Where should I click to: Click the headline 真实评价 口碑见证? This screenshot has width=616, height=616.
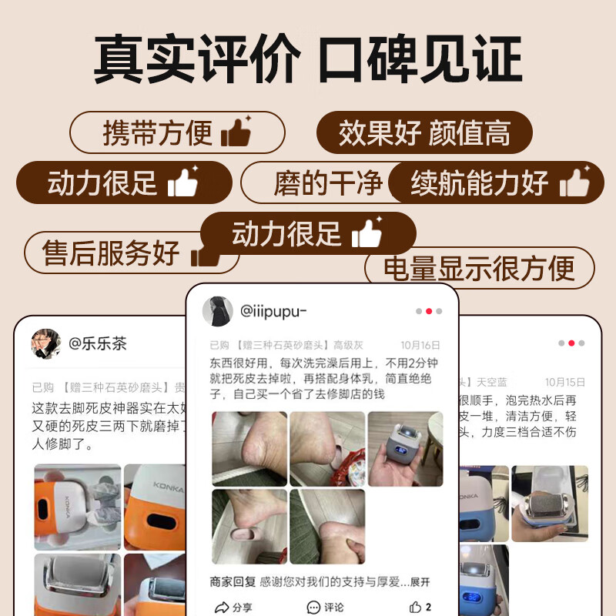click(x=308, y=58)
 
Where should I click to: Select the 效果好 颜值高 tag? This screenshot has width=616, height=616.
click(x=424, y=132)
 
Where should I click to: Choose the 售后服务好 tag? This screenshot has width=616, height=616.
click(x=112, y=253)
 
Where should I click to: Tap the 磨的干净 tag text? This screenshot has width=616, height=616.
click(x=327, y=183)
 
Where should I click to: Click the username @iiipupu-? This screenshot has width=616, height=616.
click(x=273, y=311)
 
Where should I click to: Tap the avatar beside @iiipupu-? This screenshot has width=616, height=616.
click(x=217, y=311)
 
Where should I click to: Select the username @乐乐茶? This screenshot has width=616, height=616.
click(x=98, y=343)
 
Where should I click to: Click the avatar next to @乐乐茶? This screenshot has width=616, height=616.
click(x=46, y=343)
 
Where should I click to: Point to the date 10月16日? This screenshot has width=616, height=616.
click(x=420, y=346)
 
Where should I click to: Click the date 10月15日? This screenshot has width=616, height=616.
click(x=565, y=382)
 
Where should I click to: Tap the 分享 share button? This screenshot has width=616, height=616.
click(x=233, y=607)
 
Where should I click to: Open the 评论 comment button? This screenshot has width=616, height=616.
click(x=325, y=607)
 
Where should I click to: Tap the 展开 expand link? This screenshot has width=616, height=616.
click(x=420, y=582)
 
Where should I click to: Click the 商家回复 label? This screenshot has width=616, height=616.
click(x=232, y=582)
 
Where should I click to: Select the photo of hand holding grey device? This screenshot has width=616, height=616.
click(x=405, y=448)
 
